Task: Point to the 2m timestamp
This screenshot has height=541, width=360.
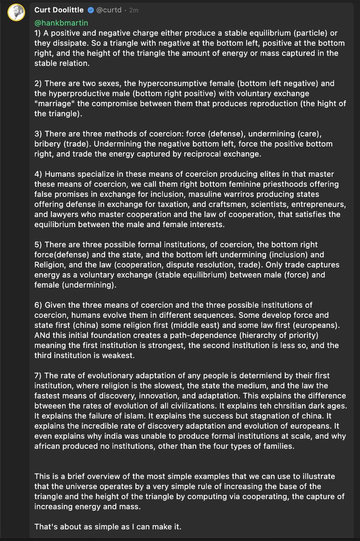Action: [x=134, y=9]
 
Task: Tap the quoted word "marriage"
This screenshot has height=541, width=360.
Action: [x=55, y=104]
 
